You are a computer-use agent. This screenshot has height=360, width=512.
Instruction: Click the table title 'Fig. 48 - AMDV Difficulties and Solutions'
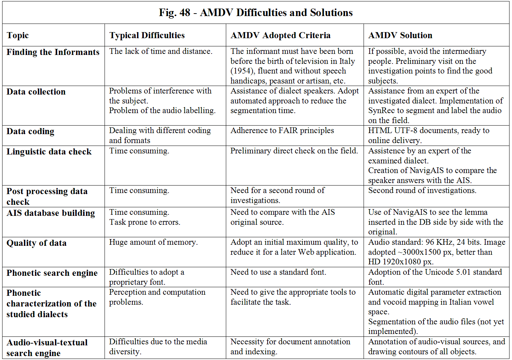256,12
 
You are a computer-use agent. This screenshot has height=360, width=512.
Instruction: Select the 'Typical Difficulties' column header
147,35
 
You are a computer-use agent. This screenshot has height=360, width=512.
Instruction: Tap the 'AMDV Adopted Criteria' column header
280,35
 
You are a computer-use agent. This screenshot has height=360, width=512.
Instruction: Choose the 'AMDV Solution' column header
400,35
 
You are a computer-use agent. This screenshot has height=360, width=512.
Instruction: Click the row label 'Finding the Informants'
53,52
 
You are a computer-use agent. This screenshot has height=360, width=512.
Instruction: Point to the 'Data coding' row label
30,131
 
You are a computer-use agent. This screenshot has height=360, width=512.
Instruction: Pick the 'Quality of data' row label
36,243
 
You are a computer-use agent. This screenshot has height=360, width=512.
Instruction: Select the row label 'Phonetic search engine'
52,273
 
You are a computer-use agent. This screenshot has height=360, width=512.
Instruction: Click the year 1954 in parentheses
243,71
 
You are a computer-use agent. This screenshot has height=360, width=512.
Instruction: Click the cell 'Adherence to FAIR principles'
282,131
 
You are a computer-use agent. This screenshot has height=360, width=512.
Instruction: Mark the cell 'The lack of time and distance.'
161,51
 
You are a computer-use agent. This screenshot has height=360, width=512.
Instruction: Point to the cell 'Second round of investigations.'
422,191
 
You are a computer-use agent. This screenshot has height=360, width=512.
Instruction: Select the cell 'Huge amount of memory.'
153,242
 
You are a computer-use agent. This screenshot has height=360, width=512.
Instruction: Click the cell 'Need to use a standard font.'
278,272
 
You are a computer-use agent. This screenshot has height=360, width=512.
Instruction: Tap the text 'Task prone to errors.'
145,222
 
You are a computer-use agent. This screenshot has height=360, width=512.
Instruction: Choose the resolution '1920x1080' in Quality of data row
401,262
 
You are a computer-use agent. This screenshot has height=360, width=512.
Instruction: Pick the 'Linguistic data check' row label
49,152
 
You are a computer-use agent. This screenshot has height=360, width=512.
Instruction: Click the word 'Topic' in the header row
17,36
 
